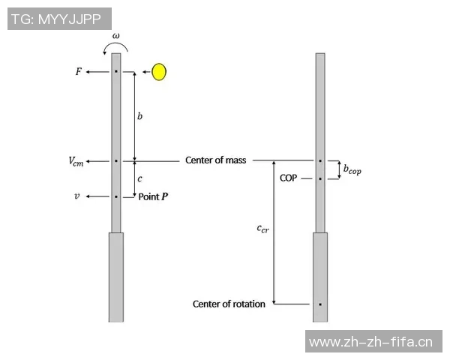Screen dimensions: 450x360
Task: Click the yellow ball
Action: point(159,72)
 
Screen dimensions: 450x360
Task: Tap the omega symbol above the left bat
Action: point(116,36)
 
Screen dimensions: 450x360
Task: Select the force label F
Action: point(78,71)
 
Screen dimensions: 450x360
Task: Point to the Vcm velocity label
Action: point(76,161)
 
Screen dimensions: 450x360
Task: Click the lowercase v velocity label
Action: point(77,196)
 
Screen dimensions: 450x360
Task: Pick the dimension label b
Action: point(139,116)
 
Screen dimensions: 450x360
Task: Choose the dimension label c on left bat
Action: point(139,178)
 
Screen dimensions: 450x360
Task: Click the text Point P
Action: point(153,196)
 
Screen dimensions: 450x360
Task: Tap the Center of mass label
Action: point(215,160)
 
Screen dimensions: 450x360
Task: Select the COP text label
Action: point(289,178)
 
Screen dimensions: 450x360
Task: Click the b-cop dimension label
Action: point(352,169)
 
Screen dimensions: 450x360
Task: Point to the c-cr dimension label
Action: point(263,229)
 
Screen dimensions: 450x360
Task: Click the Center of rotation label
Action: point(229,304)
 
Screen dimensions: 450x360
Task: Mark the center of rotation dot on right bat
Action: point(320,304)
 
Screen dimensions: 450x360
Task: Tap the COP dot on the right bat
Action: point(320,178)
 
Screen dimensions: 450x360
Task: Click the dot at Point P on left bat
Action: point(116,196)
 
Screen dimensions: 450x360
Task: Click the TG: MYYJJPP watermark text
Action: point(56,19)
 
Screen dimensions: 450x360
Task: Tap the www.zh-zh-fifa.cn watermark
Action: point(370,342)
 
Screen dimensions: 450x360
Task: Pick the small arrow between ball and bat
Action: point(147,72)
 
